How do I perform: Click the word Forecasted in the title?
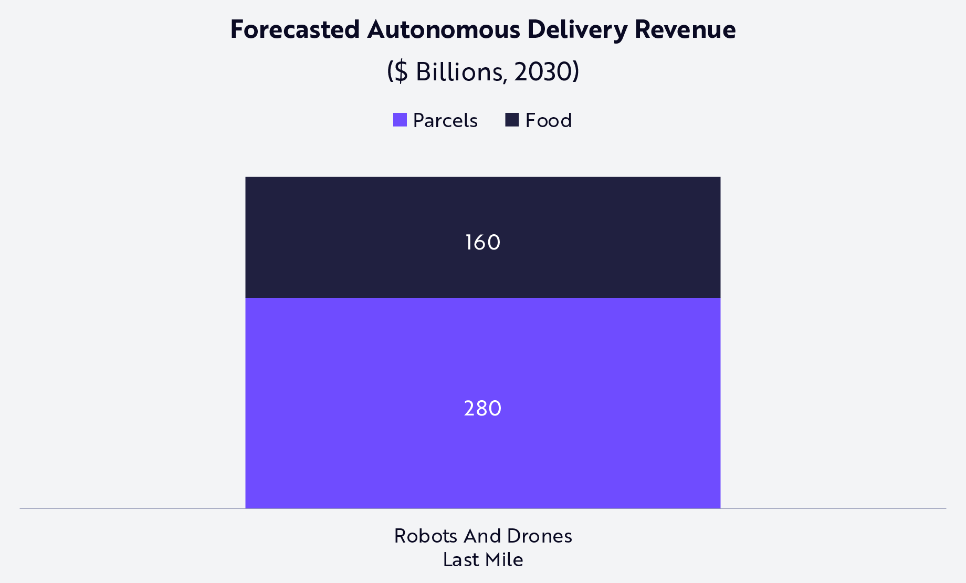pyautogui.click(x=295, y=29)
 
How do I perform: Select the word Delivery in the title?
pyautogui.click(x=577, y=29)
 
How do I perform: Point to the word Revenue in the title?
pyautogui.click(x=685, y=29)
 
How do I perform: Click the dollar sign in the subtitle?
pyautogui.click(x=401, y=71)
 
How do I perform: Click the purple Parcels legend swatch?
pyautogui.click(x=400, y=120)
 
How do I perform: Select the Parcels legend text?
pyautogui.click(x=445, y=121)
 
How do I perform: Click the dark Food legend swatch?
pyautogui.click(x=512, y=120)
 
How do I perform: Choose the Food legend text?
pyautogui.click(x=548, y=121)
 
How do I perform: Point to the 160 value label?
pyautogui.click(x=482, y=243)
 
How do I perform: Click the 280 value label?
pyautogui.click(x=482, y=409)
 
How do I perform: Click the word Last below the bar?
pyautogui.click(x=458, y=560)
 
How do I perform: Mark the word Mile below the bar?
pyautogui.click(x=506, y=560)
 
